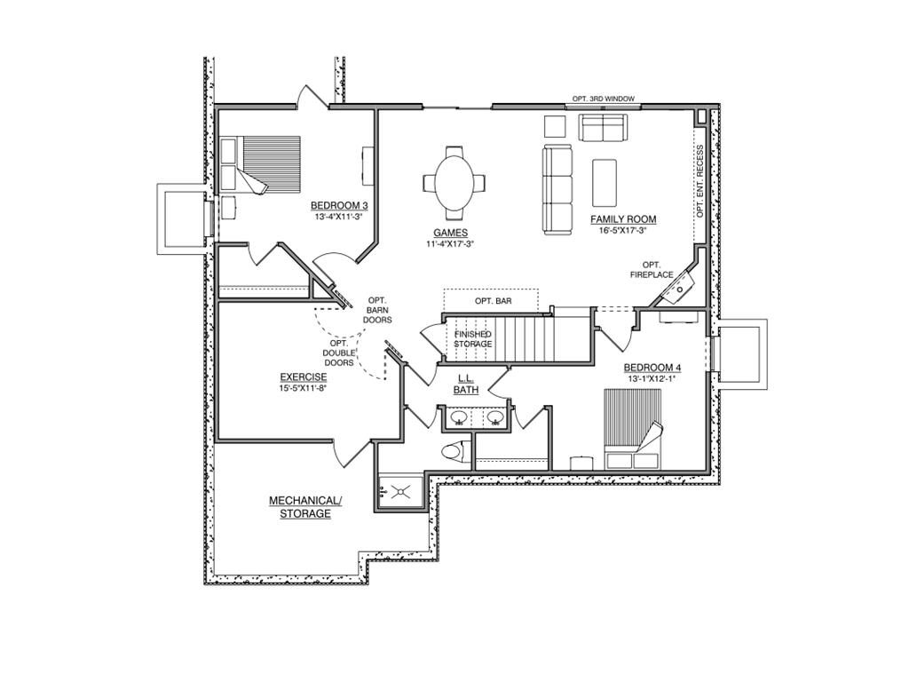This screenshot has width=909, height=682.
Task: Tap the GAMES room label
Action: [451, 233]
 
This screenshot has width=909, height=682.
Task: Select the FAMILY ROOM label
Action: [623, 218]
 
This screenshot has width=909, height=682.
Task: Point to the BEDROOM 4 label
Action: [652, 368]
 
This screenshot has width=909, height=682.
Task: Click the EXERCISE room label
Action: [304, 377]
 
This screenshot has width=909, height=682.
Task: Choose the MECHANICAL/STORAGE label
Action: [304, 507]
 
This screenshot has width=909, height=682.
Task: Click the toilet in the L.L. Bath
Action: [454, 452]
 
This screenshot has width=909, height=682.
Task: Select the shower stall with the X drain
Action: [401, 488]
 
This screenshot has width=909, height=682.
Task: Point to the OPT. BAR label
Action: [493, 301]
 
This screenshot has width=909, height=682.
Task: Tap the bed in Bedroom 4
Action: [634, 428]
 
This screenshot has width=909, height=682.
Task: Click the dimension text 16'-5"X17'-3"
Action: [623, 230]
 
